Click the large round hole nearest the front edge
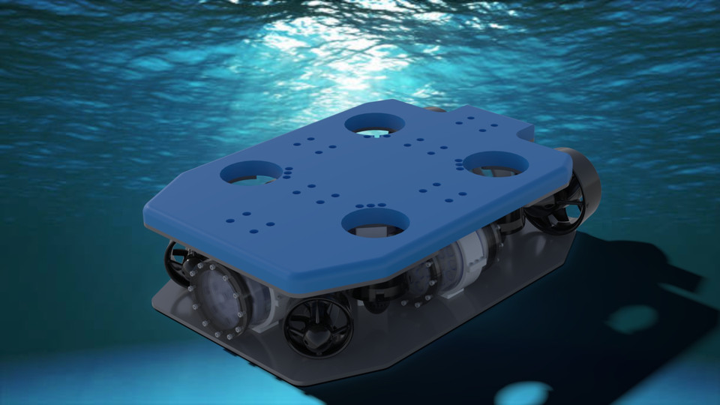(376, 221)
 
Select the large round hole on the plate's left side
(250, 172)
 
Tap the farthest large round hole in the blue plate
(374, 124)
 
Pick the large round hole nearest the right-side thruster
(495, 163)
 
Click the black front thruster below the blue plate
(318, 324)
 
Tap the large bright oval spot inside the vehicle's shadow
(631, 319)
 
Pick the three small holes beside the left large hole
(287, 172)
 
